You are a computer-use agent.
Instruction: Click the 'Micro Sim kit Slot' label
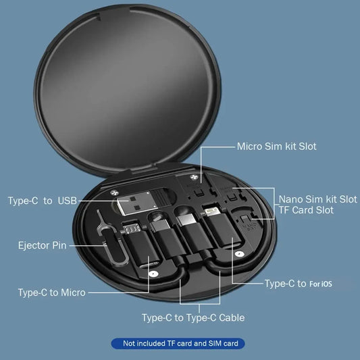[x=276, y=146]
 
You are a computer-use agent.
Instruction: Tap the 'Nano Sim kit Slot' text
[x=317, y=199]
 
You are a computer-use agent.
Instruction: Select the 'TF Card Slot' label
[x=307, y=211]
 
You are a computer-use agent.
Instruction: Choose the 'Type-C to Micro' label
[x=51, y=292]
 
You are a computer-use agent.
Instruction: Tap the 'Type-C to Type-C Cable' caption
[x=193, y=317]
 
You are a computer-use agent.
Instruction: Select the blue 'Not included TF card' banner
[x=180, y=344]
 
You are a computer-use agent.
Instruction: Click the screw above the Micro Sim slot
[x=195, y=180]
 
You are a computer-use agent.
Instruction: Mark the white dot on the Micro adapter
[x=153, y=274]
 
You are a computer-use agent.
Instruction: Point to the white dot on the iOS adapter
[x=238, y=255]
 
